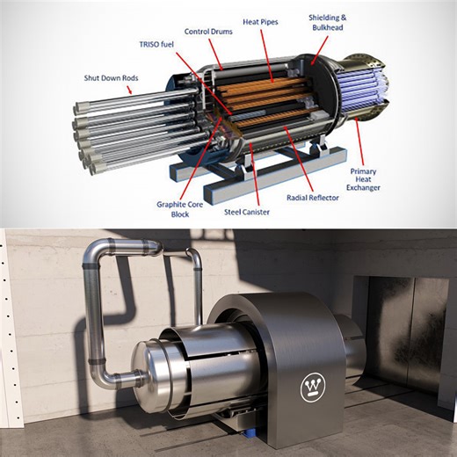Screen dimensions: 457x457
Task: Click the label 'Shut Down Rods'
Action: click(x=114, y=77)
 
